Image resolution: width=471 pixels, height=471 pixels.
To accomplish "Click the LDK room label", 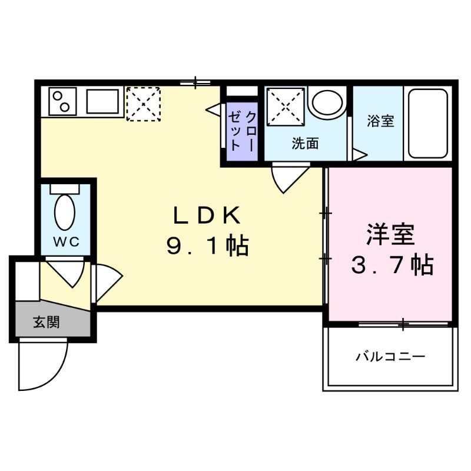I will click(207, 216).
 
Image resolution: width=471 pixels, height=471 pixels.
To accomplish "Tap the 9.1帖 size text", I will click(207, 246).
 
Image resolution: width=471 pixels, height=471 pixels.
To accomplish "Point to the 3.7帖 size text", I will click(392, 266).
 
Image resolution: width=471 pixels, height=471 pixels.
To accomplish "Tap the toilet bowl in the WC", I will click(65, 212).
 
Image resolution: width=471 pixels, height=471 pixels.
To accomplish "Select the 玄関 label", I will click(46, 322).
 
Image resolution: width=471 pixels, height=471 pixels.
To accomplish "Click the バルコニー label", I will click(390, 357).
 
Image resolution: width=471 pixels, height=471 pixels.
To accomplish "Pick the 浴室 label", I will click(380, 121).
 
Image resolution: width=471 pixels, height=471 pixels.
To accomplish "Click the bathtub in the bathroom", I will click(428, 124).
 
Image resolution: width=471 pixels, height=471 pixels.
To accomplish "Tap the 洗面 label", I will click(305, 143).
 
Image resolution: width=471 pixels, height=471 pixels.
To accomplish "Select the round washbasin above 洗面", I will click(327, 102).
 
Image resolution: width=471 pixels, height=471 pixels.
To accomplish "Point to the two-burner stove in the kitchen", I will click(62, 102).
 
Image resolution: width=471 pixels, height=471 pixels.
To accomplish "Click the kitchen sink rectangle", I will click(104, 102).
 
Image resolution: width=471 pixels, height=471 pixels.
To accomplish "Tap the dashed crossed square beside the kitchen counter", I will click(143, 104).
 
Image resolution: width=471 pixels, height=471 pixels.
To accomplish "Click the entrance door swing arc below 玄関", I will click(41, 365).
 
